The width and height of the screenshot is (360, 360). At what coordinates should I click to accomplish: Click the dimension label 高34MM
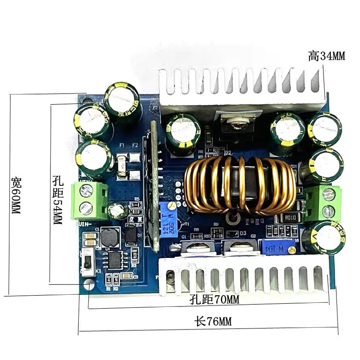[327, 56]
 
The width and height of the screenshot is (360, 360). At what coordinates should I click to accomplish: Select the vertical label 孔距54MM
[58, 200]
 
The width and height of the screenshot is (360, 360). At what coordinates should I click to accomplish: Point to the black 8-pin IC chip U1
[115, 260]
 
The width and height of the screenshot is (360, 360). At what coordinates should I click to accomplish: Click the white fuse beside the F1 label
[121, 161]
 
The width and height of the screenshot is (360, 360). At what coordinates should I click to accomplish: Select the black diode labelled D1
[131, 234]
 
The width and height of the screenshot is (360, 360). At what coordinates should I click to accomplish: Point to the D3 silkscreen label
[243, 233]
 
